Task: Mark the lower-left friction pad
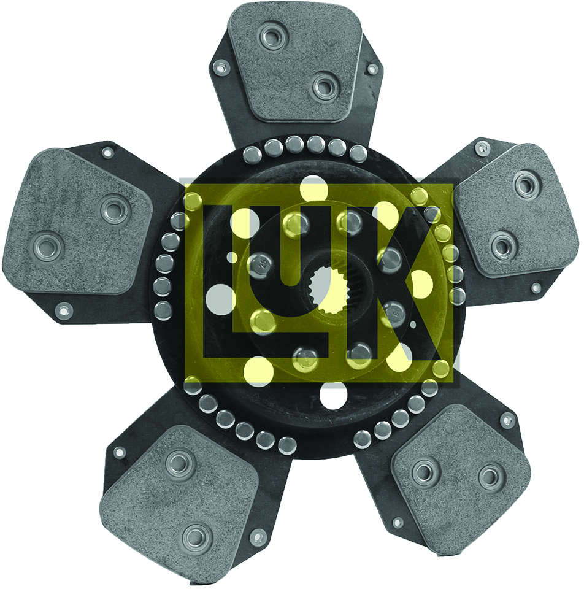180,502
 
